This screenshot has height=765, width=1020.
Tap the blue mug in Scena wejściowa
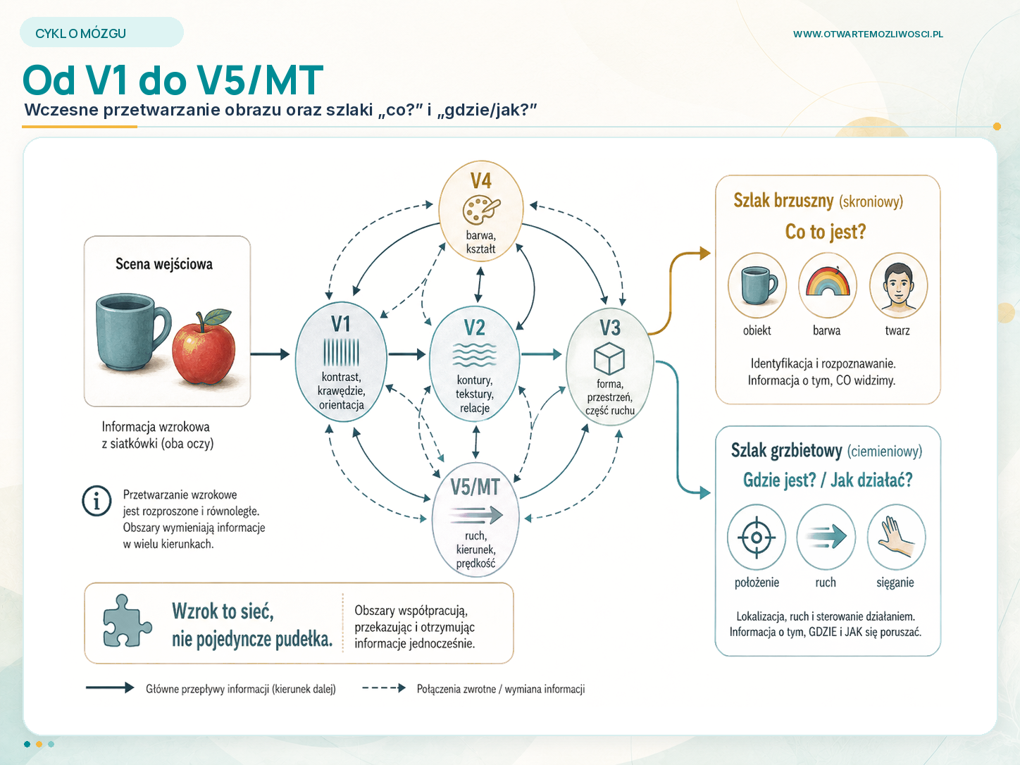coord(132,332)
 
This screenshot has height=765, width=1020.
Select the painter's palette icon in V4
coord(481,210)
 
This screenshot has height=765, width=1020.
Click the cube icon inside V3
coord(609,358)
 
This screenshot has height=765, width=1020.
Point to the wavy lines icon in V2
coord(475,355)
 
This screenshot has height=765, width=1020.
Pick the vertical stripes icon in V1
coord(341,352)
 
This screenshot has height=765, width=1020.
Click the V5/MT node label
coord(475,487)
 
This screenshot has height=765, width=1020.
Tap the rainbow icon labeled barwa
coord(828,285)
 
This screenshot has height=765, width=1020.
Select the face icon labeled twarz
coord(898,285)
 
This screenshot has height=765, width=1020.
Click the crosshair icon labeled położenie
coord(756,537)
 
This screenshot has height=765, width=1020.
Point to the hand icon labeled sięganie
coord(896,537)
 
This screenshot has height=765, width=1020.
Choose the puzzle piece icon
coord(127,621)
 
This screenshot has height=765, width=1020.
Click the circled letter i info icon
coord(97,501)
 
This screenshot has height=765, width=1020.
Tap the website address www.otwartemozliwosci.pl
coord(868,34)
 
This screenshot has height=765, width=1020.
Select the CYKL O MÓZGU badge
coord(101,32)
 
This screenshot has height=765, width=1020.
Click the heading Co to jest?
coord(826,231)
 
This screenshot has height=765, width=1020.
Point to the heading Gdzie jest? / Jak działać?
coord(828,480)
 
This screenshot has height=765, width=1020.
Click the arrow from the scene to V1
coord(270,354)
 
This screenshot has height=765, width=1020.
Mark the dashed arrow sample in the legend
coord(384,688)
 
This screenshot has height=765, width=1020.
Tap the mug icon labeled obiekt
coord(757,285)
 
